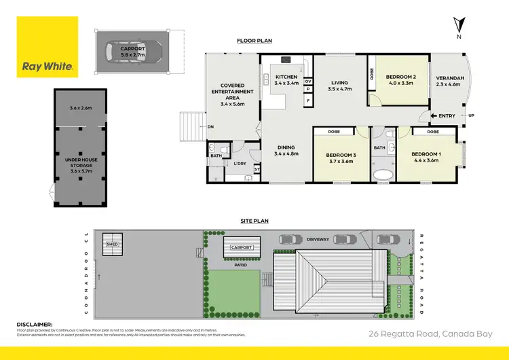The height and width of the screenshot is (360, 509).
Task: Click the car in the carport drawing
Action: (133, 50)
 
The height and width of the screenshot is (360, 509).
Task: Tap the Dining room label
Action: (286, 147)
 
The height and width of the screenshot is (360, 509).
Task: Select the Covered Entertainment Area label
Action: (232, 92)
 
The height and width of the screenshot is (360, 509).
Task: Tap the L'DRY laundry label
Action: (240, 164)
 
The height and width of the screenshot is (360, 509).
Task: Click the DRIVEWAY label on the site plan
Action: (318, 239)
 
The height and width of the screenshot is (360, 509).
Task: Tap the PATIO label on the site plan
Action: (241, 266)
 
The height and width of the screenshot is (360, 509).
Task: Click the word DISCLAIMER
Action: (34, 325)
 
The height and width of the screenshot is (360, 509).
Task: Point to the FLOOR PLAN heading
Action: (254, 41)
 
